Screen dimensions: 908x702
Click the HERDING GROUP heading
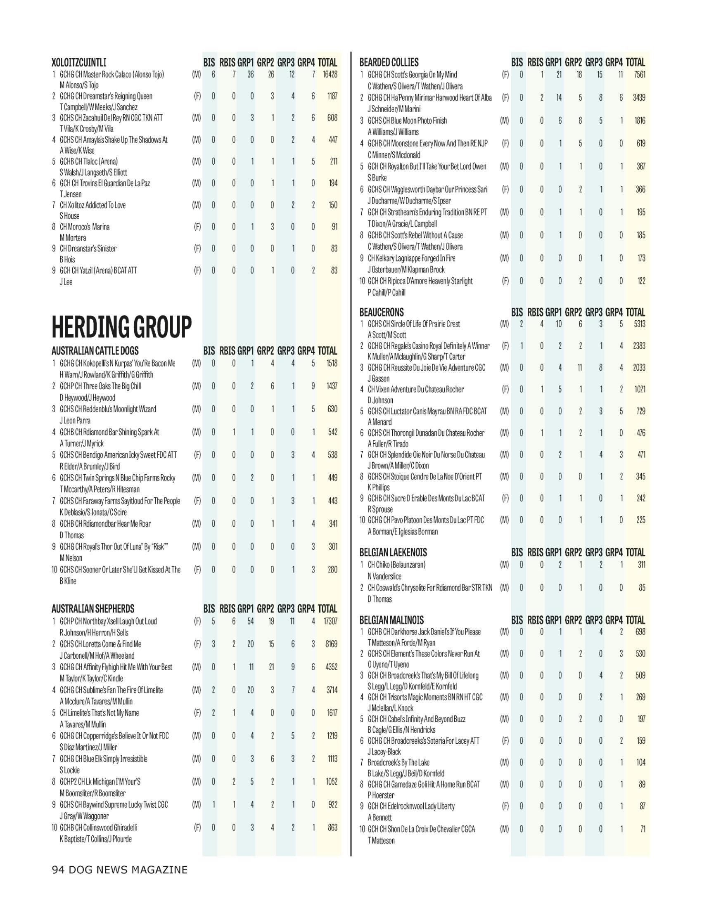coord(121,327)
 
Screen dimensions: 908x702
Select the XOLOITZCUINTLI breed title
coord(78,63)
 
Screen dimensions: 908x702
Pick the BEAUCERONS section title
coord(382,312)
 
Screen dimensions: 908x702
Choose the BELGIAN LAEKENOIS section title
coord(393,553)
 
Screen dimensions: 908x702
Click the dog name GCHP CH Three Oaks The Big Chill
coord(100,386)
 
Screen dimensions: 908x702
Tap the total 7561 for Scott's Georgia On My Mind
coord(639,75)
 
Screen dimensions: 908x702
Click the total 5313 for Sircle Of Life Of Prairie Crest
coord(639,324)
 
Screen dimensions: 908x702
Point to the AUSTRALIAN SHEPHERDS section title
coord(93,609)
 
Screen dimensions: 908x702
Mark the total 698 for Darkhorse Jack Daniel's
coord(640,632)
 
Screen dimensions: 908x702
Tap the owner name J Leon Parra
coord(75,420)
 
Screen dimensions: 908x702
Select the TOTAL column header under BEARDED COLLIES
coord(635,63)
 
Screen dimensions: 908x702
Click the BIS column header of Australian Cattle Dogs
coord(209,351)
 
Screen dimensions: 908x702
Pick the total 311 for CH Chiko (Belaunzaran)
coord(640,565)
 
